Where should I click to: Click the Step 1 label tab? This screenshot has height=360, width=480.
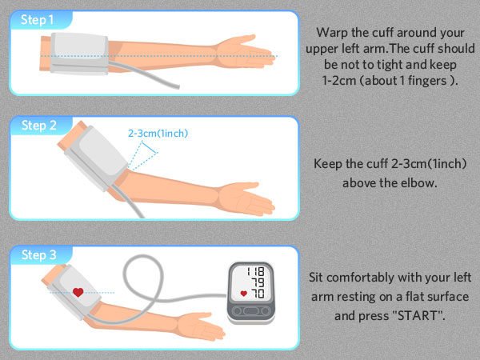[x=38, y=19]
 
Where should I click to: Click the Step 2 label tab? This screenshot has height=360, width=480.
[x=38, y=125]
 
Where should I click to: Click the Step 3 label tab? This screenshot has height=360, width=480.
[x=38, y=255]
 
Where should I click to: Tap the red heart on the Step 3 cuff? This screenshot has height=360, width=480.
[x=78, y=292]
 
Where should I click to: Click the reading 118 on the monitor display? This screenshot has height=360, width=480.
[x=257, y=271]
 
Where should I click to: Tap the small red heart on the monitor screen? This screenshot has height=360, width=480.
[x=243, y=294]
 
